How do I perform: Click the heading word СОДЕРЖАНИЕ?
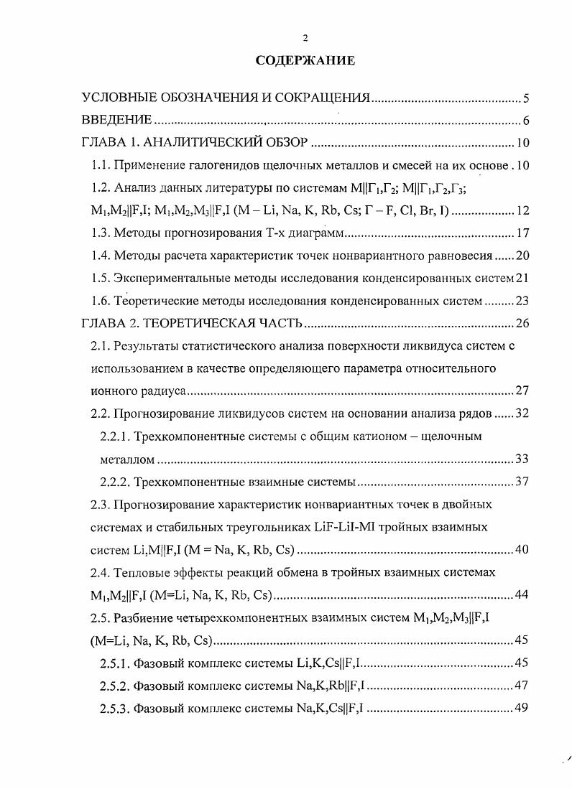pyautogui.click(x=305, y=60)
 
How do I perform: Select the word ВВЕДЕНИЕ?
pyautogui.click(x=116, y=119)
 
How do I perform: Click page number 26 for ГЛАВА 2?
pyautogui.click(x=522, y=323)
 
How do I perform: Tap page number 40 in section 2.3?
pyautogui.click(x=522, y=549)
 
